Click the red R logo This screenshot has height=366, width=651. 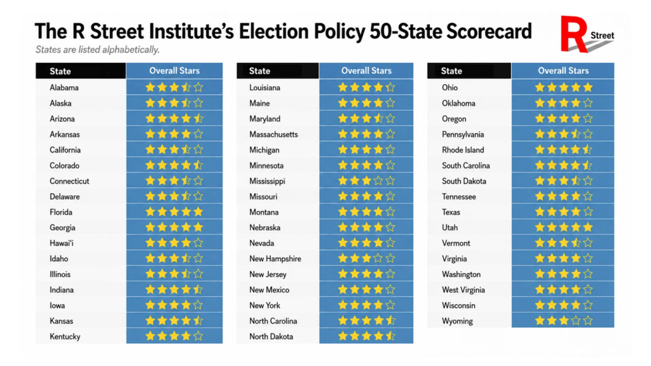[x=573, y=34]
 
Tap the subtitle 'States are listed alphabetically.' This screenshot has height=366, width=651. [x=97, y=50]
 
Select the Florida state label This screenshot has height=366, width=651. [x=61, y=212]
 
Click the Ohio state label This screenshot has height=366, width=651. [x=449, y=88]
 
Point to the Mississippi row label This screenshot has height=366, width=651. [x=268, y=181]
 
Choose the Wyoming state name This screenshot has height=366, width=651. [x=457, y=321]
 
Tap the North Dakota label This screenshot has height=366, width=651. [x=271, y=337]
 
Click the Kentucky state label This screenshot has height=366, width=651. [x=65, y=337]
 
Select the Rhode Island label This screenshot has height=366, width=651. [x=463, y=150]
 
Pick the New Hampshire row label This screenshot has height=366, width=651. [x=275, y=259]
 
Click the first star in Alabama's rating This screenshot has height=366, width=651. [x=150, y=87]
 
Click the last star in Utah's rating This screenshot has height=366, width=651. [x=587, y=227]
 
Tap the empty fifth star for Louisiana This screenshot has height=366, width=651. [x=390, y=87]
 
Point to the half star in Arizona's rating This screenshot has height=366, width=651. [x=198, y=119]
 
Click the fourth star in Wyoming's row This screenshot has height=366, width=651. [x=575, y=321]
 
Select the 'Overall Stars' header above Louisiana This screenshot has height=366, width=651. [x=366, y=71]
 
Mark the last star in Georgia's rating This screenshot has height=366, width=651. [x=198, y=227]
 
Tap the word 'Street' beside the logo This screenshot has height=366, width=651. [x=603, y=36]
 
